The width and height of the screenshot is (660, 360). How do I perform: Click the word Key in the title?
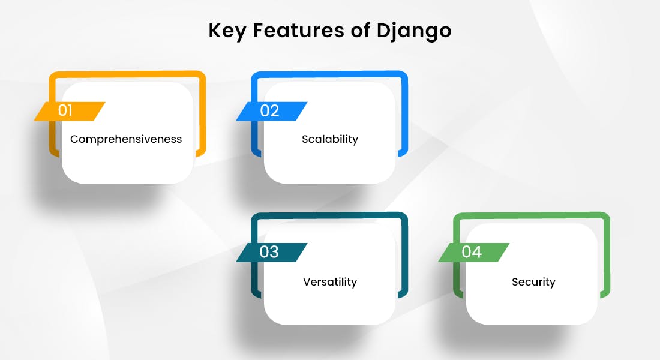click(x=227, y=31)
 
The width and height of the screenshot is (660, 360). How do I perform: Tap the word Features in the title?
click(x=298, y=31)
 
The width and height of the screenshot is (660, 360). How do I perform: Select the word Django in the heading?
click(x=414, y=31)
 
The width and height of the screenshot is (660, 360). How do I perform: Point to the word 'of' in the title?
click(x=361, y=31)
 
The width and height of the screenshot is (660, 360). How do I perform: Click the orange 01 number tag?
click(x=70, y=111)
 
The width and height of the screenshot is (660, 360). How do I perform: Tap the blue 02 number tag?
click(x=271, y=111)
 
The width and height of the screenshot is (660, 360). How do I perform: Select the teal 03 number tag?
click(x=271, y=252)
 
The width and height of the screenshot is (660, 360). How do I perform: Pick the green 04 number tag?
click(x=473, y=252)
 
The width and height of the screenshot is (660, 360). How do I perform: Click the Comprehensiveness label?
click(x=126, y=139)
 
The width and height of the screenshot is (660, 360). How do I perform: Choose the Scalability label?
click(x=330, y=139)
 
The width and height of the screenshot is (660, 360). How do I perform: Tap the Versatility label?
click(x=330, y=281)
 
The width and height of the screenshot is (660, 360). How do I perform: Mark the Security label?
click(x=533, y=281)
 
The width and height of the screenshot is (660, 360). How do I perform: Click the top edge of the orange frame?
click(x=127, y=74)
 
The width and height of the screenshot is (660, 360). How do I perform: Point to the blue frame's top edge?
click(x=329, y=74)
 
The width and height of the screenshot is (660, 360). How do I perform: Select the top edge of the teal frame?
click(x=329, y=215)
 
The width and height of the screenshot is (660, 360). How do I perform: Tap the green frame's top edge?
click(x=531, y=215)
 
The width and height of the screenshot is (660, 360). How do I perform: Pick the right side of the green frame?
click(x=607, y=256)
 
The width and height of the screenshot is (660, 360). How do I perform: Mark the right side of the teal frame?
click(x=405, y=256)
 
